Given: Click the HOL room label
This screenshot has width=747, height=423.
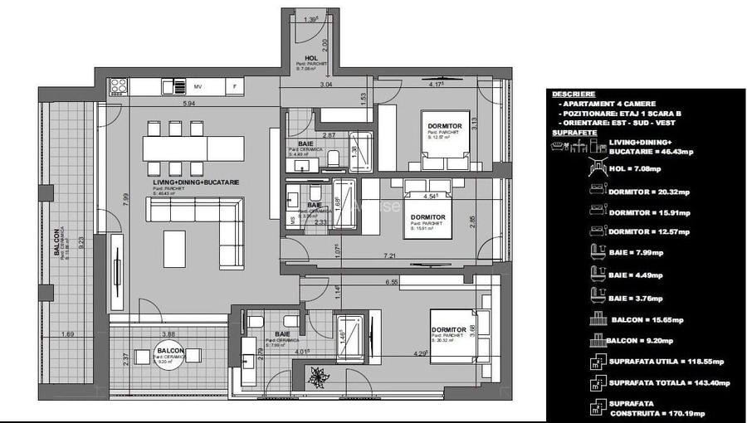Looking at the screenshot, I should [310, 57].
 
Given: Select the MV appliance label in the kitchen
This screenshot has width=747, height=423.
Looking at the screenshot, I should [198, 86].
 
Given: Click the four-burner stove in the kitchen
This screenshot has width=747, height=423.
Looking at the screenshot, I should [119, 86].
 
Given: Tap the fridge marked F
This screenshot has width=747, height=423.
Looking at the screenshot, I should [236, 86].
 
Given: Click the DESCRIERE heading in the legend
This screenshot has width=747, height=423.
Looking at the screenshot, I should [574, 94].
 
